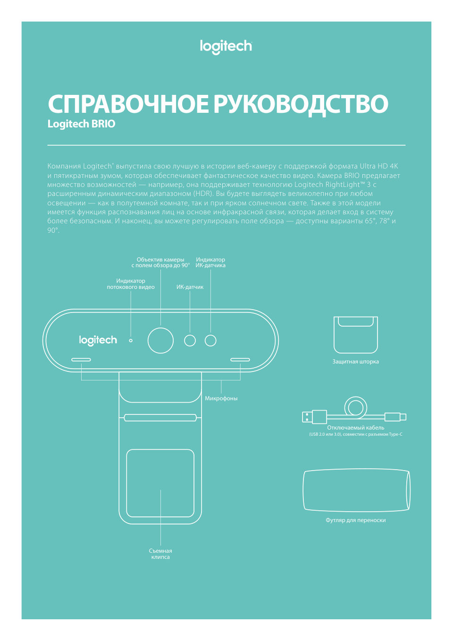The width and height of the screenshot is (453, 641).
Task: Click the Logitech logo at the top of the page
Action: pyautogui.click(x=226, y=46)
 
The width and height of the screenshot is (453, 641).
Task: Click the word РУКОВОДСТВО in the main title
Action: pyautogui.click(x=301, y=104)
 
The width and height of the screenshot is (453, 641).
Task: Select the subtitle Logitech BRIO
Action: pyautogui.click(x=81, y=124)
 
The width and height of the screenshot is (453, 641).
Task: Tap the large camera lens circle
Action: pyautogui.click(x=160, y=340)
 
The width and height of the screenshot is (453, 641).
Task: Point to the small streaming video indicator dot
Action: pyautogui.click(x=131, y=340)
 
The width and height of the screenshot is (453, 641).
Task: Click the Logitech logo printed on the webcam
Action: pyautogui.click(x=98, y=340)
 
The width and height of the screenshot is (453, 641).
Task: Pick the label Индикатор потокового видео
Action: pyautogui.click(x=131, y=284)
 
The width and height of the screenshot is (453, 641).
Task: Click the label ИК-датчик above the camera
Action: pyautogui.click(x=190, y=287)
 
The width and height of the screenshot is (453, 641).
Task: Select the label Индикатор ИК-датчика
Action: pyautogui.click(x=210, y=262)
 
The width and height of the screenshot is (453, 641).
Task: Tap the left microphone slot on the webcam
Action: pyautogui.click(x=81, y=360)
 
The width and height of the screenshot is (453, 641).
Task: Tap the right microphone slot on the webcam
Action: pyautogui.click(x=240, y=360)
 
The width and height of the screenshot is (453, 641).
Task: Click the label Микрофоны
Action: pyautogui.click(x=221, y=398)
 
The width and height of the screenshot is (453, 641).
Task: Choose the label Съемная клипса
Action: pyautogui.click(x=160, y=554)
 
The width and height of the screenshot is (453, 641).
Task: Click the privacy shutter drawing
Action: pyautogui.click(x=356, y=335)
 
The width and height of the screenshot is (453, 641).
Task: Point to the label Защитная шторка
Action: pyautogui.click(x=355, y=362)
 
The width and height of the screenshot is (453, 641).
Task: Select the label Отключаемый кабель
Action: pyautogui.click(x=355, y=428)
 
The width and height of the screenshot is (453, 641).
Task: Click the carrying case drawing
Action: pyautogui.click(x=356, y=490)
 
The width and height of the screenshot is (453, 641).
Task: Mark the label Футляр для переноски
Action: pyautogui.click(x=355, y=520)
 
